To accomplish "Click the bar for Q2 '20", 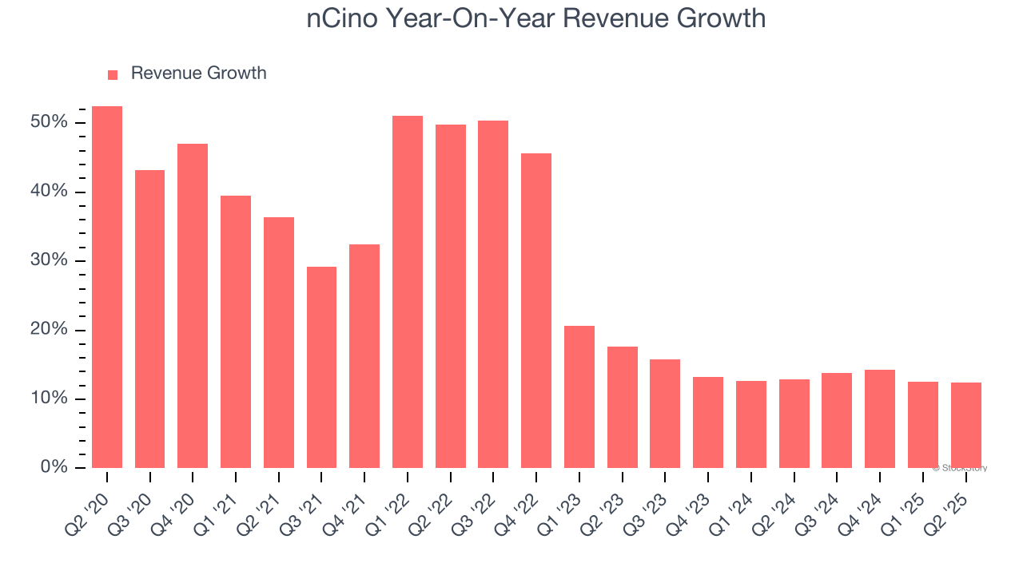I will [107, 287].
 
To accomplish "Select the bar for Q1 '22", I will [408, 292].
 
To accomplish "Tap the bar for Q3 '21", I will [321, 367].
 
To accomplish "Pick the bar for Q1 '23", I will [579, 397].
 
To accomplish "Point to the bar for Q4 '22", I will [536, 311].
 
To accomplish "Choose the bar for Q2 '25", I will [966, 426].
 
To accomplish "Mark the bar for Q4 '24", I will [880, 419].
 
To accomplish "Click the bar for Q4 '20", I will [193, 306].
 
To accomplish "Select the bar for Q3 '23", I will [665, 414].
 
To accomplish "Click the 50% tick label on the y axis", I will [50, 122].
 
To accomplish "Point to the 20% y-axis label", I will [50, 330].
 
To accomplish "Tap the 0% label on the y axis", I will [54, 467].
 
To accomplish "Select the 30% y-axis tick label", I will [50, 260].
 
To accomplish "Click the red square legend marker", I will [113, 74].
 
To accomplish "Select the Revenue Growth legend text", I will [198, 73].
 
